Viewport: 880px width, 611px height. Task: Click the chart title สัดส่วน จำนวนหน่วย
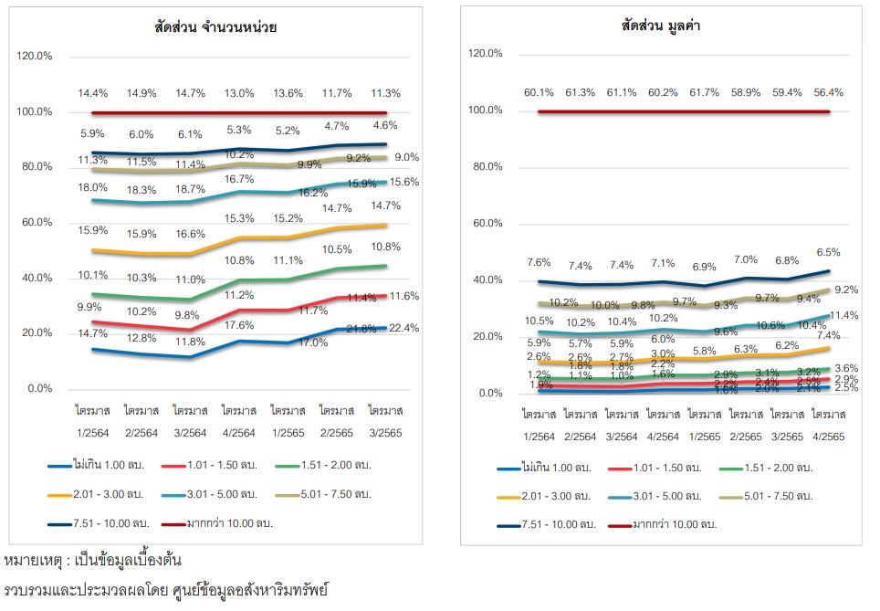(x=215, y=27)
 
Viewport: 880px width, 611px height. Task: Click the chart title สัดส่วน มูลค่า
(x=661, y=26)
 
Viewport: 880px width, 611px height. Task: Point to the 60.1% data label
(x=539, y=92)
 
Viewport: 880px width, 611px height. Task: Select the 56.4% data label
(x=828, y=92)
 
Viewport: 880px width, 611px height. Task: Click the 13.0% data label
(x=240, y=93)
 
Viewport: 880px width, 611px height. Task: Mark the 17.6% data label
(x=240, y=325)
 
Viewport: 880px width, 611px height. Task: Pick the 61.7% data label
(x=703, y=92)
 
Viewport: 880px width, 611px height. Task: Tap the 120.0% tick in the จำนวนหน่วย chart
(x=35, y=57)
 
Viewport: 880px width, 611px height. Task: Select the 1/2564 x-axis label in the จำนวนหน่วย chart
(x=92, y=423)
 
